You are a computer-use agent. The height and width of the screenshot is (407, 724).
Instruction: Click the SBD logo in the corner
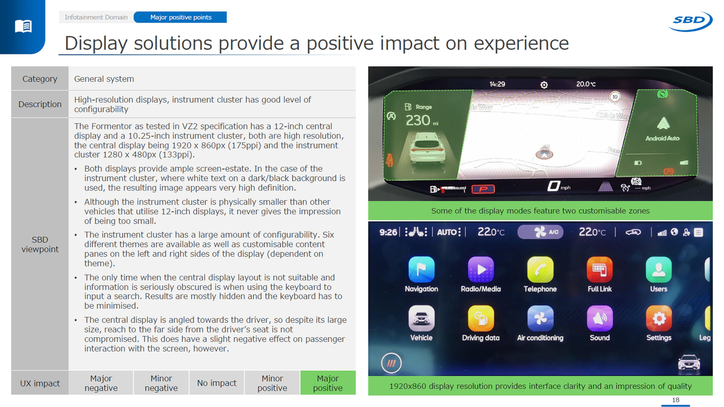pyautogui.click(x=690, y=21)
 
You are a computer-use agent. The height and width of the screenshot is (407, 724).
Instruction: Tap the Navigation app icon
pyautogui.click(x=421, y=269)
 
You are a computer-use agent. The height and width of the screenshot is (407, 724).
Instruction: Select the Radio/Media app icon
pyautogui.click(x=481, y=269)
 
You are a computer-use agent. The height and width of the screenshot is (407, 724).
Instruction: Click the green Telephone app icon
pyautogui.click(x=540, y=269)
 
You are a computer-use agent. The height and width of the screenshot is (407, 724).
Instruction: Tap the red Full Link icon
pyautogui.click(x=599, y=269)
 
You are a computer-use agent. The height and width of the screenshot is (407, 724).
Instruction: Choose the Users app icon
pyautogui.click(x=659, y=269)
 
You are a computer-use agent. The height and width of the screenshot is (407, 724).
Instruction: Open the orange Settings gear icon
pyautogui.click(x=659, y=318)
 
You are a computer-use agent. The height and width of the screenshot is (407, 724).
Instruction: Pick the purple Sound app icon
pyautogui.click(x=599, y=318)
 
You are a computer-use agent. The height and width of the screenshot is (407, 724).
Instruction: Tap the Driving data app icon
pyautogui.click(x=481, y=318)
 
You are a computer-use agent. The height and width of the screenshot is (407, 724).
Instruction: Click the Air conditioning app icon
pyautogui.click(x=540, y=318)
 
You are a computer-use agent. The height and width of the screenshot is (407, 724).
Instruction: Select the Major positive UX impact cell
pyautogui.click(x=328, y=383)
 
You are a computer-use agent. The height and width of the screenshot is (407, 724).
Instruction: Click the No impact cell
pyautogui.click(x=217, y=383)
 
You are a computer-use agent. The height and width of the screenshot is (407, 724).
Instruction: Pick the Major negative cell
pyautogui.click(x=101, y=383)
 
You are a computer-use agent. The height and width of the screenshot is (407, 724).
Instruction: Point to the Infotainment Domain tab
pyautogui.click(x=96, y=17)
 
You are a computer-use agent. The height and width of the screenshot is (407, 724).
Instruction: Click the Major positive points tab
pyautogui.click(x=181, y=17)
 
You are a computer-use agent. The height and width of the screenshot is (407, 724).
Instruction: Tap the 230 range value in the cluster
pyautogui.click(x=418, y=120)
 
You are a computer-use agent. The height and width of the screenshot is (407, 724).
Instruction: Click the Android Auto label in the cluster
pyautogui.click(x=662, y=138)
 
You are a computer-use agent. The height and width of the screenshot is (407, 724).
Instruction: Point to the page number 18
pyautogui.click(x=675, y=400)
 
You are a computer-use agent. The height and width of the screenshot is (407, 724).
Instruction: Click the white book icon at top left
pyautogui.click(x=23, y=26)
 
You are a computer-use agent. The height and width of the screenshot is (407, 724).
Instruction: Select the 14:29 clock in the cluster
pyautogui.click(x=497, y=84)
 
